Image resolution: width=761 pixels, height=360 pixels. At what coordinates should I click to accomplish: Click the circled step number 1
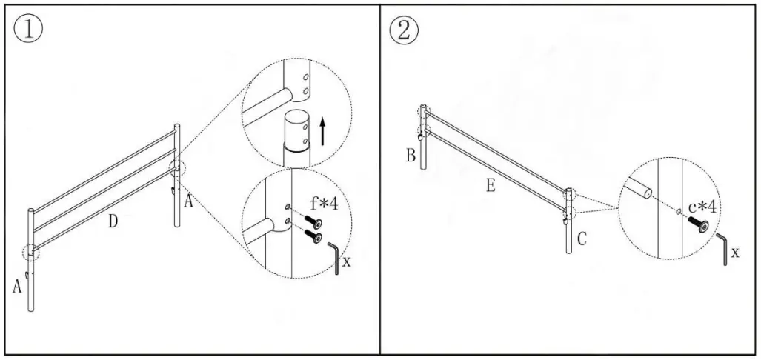pos(28,30)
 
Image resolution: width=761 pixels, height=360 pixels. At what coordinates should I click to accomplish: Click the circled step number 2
pos(404,30)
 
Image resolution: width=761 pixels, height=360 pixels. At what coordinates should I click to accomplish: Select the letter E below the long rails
pos(491,186)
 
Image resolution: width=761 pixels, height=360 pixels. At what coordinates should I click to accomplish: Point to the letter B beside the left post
pos(411,156)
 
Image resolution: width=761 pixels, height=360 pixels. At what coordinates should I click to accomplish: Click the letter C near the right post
pos(582,239)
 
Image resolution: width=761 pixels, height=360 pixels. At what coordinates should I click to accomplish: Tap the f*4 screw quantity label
pos(323,202)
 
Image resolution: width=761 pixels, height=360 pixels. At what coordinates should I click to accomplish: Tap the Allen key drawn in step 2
pos(723,248)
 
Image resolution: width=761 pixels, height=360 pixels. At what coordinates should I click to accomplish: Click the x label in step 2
pos(734,253)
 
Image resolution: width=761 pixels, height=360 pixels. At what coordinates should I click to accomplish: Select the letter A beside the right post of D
pos(188,201)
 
